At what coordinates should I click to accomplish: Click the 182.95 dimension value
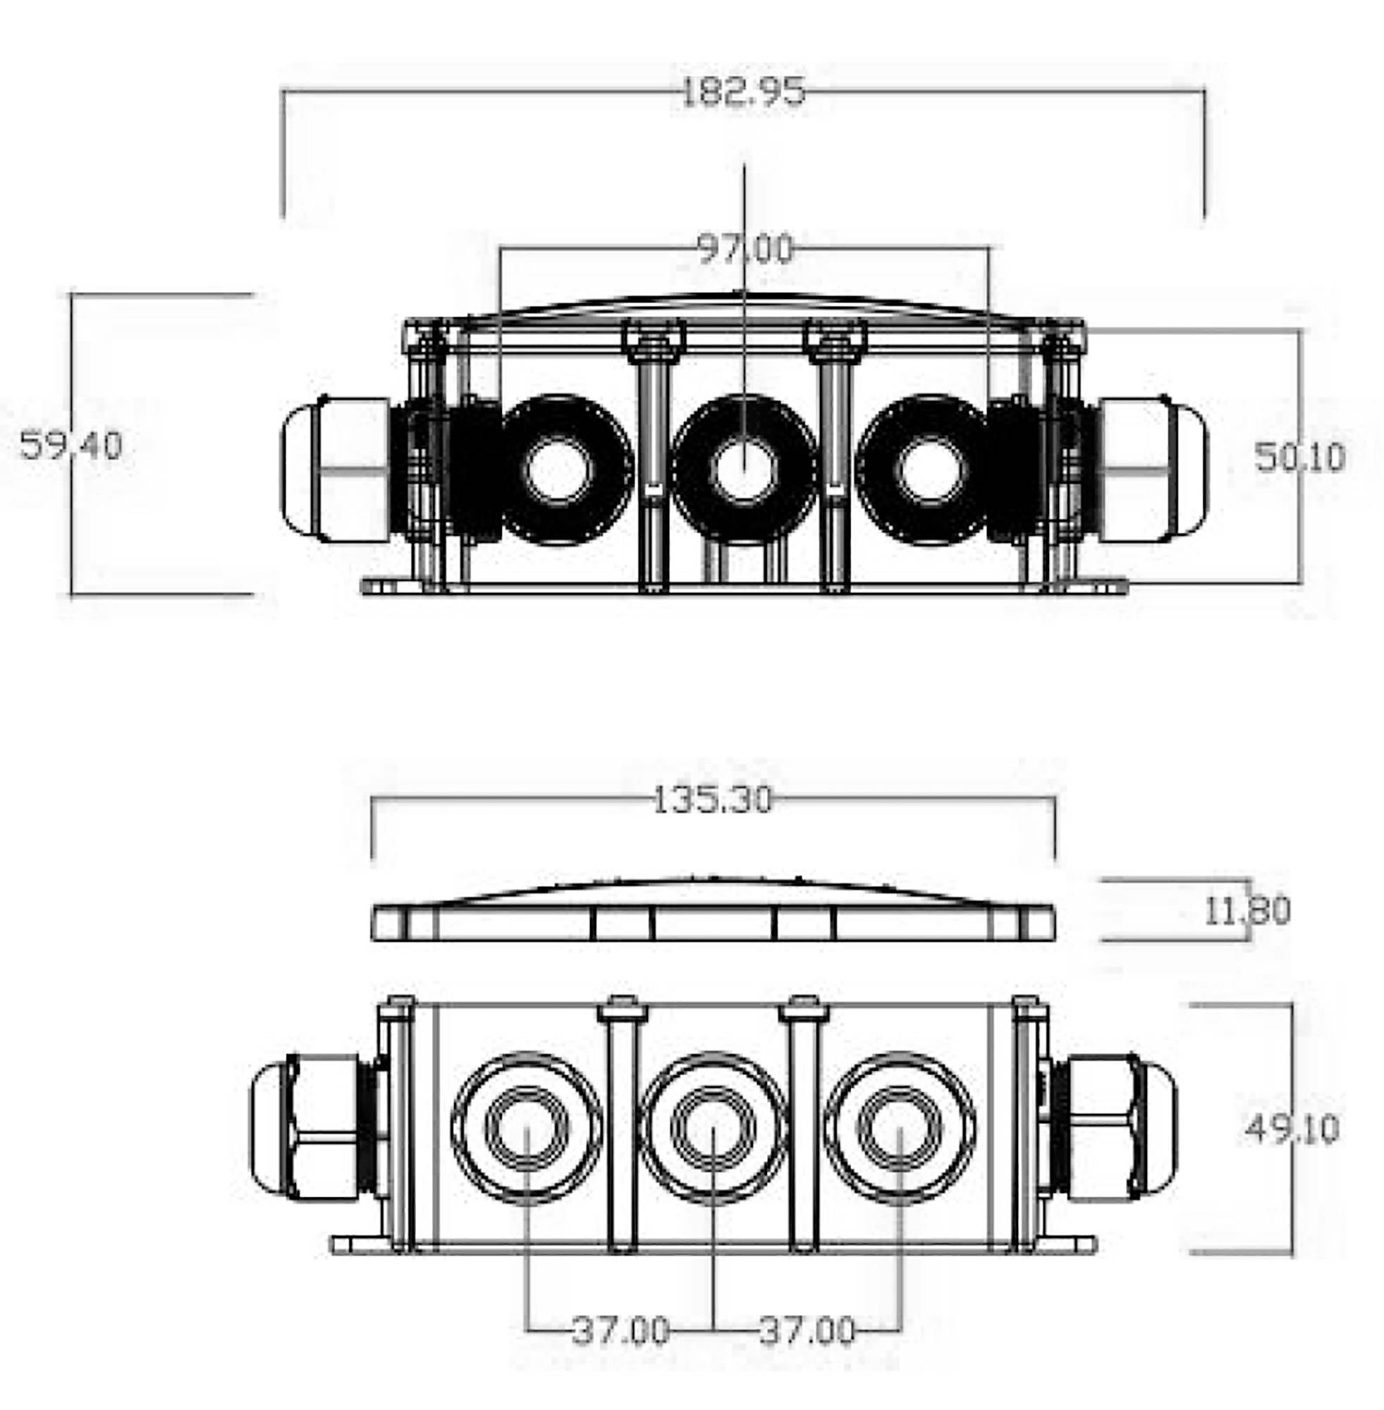coord(743,92)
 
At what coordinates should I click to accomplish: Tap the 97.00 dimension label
coord(745,249)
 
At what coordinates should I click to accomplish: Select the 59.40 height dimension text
coord(71,445)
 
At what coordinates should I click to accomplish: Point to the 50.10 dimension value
coord(1299,457)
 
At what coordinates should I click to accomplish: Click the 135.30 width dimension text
coord(712,799)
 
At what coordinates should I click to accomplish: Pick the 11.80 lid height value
coord(1247,911)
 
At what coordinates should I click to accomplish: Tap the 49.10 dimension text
coord(1292,1129)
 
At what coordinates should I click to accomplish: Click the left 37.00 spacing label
coord(620,1331)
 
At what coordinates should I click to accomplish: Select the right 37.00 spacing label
coord(807,1331)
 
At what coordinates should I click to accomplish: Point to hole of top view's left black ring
coord(558,470)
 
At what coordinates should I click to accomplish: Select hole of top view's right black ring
coord(931,470)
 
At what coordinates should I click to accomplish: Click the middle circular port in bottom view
coord(714,1127)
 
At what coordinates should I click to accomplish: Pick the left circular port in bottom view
coord(527,1127)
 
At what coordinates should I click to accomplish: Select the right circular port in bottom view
coord(900,1127)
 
